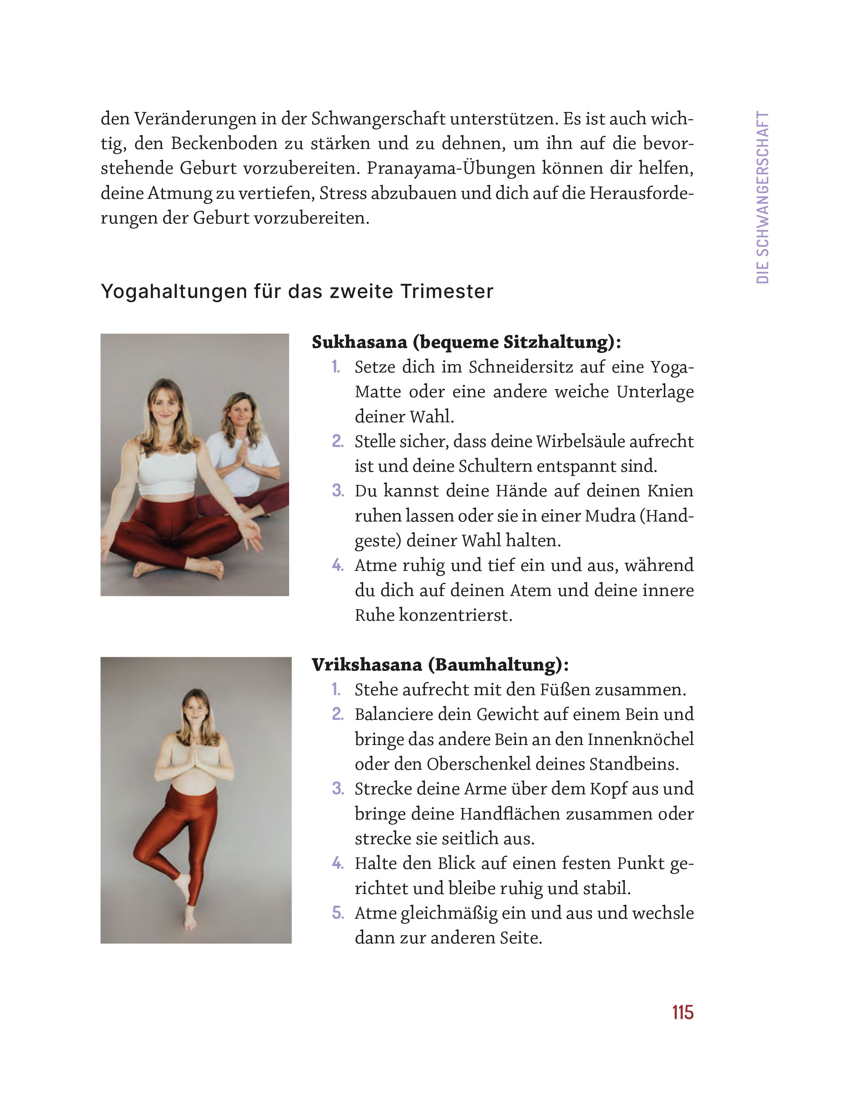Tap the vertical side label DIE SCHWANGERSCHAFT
click(x=762, y=198)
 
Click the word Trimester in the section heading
click(x=446, y=292)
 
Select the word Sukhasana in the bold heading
click(x=359, y=342)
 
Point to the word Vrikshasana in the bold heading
click(x=367, y=665)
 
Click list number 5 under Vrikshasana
click(x=337, y=913)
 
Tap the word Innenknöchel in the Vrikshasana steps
click(x=640, y=739)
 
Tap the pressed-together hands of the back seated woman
click(x=241, y=454)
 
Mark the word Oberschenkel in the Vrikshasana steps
click(x=479, y=764)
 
